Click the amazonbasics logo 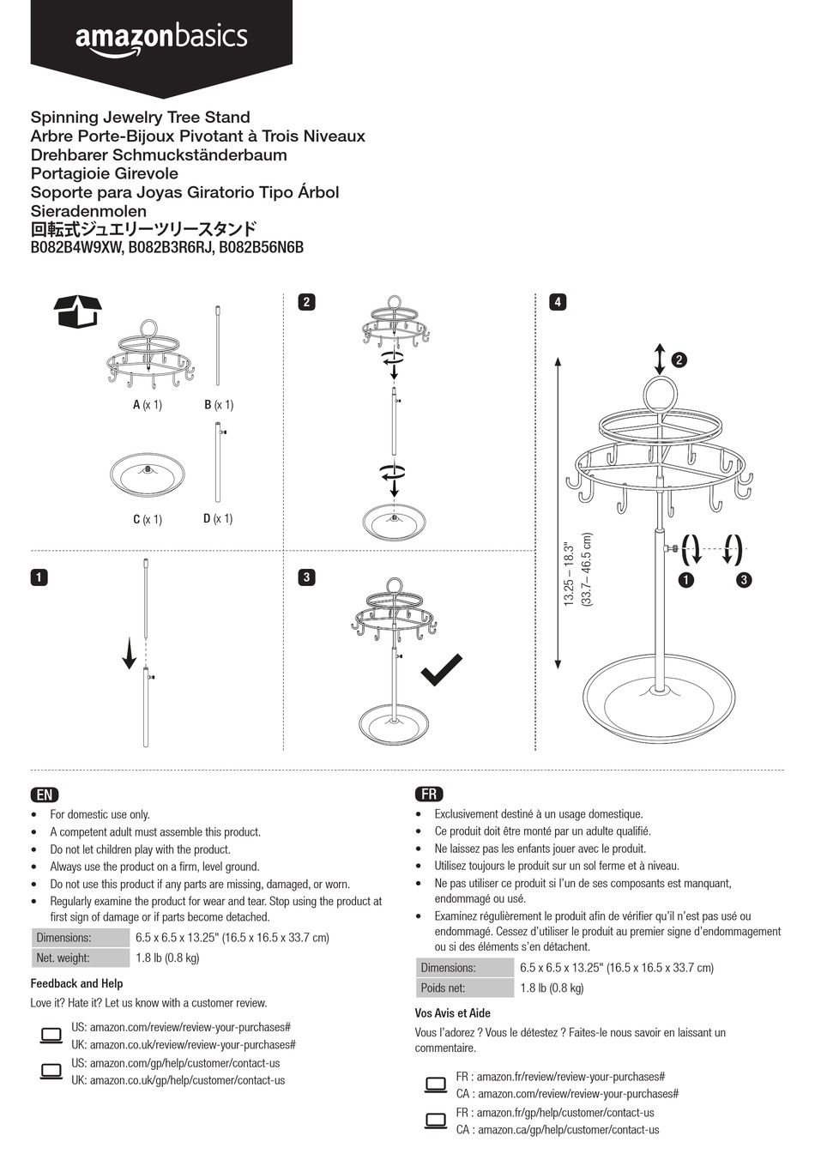161,39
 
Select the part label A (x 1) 147,405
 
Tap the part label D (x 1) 218,518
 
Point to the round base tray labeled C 147,474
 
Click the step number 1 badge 39,577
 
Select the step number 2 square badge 306,302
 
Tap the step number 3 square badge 306,577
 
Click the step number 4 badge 558,302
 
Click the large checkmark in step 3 441,670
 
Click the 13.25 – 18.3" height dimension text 569,573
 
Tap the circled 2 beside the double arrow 679,359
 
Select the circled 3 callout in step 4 744,580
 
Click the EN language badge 45,795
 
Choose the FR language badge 429,795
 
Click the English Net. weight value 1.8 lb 167,958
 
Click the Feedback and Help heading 76,983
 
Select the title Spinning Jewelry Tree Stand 141,118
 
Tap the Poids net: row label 444,988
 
